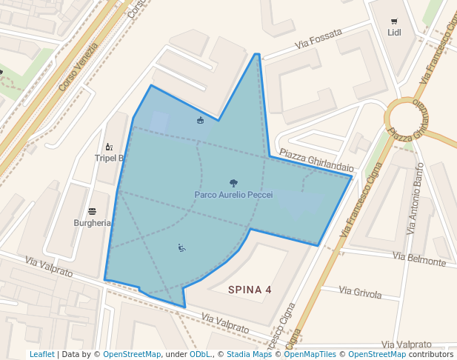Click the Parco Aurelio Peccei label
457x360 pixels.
[x=233, y=195]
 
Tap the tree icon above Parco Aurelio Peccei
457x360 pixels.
[x=233, y=182]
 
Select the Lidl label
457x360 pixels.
[x=393, y=32]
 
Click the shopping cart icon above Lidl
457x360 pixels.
[x=393, y=21]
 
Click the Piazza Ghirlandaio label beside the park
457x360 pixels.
[x=316, y=159]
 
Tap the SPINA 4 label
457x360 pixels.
[x=250, y=290]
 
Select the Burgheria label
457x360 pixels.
[x=93, y=222]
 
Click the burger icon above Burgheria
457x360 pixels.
[x=92, y=211]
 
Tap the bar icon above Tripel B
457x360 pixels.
[x=109, y=147]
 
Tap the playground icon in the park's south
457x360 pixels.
[x=181, y=247]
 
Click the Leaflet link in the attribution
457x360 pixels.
[x=41, y=355]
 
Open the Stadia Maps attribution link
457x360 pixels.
[x=249, y=355]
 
